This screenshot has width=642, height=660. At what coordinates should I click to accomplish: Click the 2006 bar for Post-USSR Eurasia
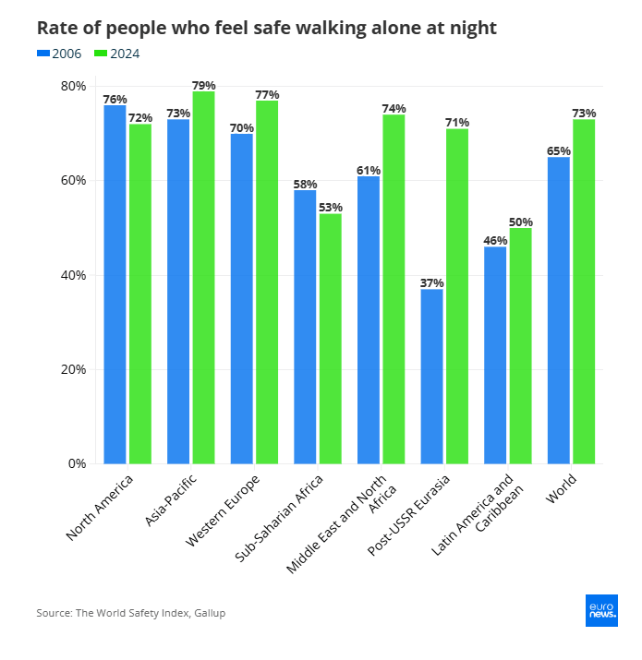coord(431,376)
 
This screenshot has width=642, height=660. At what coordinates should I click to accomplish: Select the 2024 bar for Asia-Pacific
coord(203,277)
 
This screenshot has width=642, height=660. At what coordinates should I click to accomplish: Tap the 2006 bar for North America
coord(115,283)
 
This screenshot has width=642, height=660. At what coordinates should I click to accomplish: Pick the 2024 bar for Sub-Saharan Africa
coord(330,338)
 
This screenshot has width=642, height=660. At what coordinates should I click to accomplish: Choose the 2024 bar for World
coord(584,291)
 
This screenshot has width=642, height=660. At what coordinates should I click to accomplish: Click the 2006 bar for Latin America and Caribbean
coord(495,354)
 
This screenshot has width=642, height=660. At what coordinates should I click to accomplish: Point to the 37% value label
coord(432,282)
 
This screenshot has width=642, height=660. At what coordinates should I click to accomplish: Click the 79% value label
coord(203,85)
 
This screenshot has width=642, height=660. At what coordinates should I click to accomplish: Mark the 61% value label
coord(369,170)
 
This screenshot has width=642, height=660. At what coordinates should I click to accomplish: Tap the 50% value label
coord(521,222)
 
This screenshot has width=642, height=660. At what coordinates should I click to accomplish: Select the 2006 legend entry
coord(60,54)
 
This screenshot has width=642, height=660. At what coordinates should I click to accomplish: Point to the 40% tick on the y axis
coord(74,275)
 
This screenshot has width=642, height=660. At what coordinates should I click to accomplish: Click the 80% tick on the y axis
coord(74,86)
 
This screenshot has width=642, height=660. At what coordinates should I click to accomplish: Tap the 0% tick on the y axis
coord(78,463)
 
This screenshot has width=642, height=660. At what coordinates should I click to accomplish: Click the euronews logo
coord(601,610)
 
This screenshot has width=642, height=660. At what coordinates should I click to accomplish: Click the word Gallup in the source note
coord(210,613)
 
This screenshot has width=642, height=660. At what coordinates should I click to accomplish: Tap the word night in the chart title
coord(470,28)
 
